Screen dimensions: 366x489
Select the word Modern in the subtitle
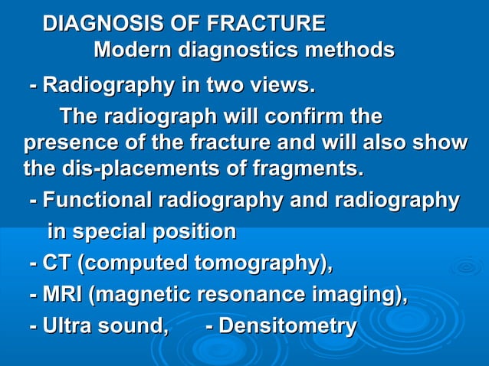(x=133, y=51)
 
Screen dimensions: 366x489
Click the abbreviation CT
(x=58, y=264)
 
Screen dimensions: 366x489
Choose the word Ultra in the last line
(x=71, y=326)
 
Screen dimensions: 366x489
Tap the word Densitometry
(x=288, y=326)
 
